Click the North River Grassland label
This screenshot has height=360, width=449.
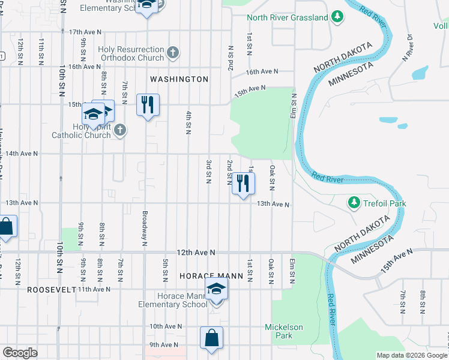288,18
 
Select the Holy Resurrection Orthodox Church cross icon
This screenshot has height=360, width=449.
173,53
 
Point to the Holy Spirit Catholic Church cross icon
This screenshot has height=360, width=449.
120,130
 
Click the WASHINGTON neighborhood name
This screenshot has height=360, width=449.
179,79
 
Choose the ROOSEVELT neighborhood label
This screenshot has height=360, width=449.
51,289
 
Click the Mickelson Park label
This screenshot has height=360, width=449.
285,331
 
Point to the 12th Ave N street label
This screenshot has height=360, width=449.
196,254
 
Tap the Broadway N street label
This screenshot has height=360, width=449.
145,228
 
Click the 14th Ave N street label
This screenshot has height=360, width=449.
22,154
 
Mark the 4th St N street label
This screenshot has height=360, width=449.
188,123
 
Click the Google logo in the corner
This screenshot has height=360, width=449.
20,353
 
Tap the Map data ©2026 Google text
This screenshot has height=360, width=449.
411,355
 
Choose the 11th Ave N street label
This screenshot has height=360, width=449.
94,289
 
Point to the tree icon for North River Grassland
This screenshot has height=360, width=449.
339,17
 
